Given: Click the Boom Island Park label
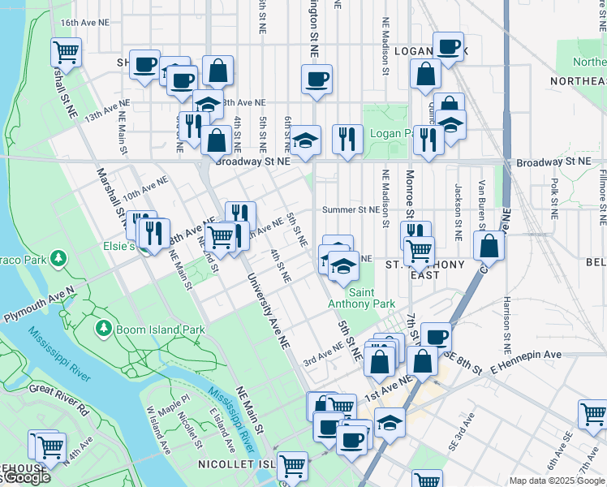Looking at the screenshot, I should [160, 330].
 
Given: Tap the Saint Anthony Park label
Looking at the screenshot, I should [361, 298].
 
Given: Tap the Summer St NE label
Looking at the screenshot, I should [351, 209].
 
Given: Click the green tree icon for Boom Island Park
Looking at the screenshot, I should [103, 329].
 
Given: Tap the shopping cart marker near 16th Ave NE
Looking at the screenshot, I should [66, 53].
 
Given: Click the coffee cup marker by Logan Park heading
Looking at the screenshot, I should [447, 46].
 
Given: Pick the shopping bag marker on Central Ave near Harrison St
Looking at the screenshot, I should [489, 246].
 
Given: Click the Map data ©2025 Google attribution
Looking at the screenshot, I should [557, 481].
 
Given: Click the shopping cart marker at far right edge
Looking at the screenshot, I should [593, 413].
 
